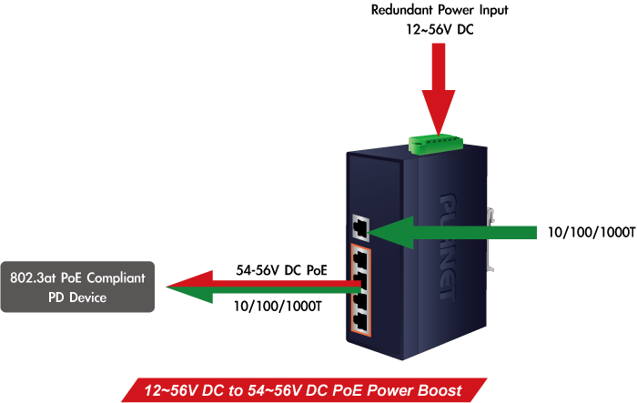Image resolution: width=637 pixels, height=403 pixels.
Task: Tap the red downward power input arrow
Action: [x=439, y=96]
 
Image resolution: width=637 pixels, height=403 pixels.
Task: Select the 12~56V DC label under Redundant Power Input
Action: [x=440, y=29]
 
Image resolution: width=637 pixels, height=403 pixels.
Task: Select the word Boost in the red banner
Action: [x=439, y=390]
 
